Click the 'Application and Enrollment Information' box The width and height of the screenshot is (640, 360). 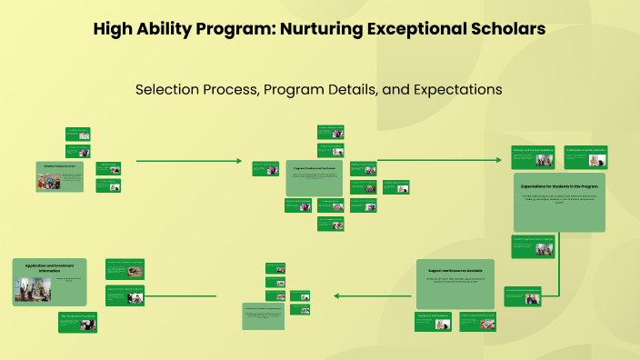(x=50, y=283)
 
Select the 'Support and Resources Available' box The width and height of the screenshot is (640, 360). (x=455, y=283)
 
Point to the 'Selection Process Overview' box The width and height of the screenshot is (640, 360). (x=59, y=176)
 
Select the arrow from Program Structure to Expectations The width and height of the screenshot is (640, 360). (x=436, y=161)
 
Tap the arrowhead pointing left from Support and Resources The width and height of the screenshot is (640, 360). (x=338, y=295)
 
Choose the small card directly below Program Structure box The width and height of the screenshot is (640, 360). (x=330, y=224)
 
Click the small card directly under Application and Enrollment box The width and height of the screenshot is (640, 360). (x=77, y=318)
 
